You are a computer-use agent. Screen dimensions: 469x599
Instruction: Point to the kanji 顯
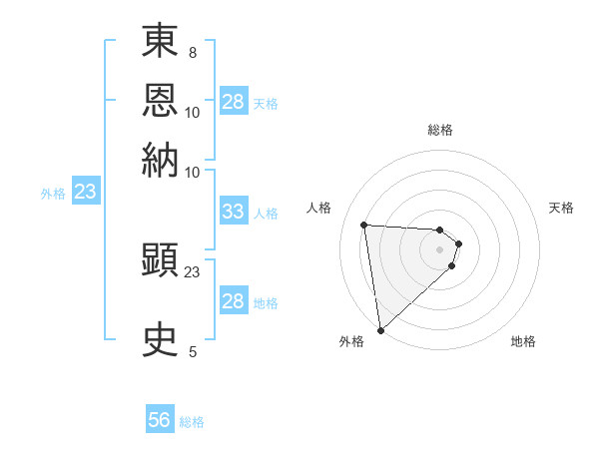click(x=160, y=261)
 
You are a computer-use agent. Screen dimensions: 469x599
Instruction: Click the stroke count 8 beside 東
click(x=192, y=52)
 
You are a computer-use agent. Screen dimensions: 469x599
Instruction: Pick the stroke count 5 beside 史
click(x=192, y=351)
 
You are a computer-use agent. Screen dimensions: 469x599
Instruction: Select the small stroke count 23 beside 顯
click(x=193, y=271)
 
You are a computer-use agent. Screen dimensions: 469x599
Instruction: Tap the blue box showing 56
click(x=160, y=420)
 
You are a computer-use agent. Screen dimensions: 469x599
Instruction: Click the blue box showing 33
click(x=233, y=212)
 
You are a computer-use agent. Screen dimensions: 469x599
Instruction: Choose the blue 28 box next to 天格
click(x=233, y=102)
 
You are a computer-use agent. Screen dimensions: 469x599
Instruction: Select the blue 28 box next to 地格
click(x=233, y=301)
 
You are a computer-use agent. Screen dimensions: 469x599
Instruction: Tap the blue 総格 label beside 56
click(x=192, y=422)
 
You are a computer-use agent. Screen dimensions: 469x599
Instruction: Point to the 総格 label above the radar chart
click(x=440, y=130)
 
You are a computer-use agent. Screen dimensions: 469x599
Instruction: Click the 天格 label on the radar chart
click(x=562, y=208)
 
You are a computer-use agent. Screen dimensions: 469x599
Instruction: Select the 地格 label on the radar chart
click(x=523, y=342)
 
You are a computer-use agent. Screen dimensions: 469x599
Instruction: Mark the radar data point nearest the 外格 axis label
click(x=380, y=330)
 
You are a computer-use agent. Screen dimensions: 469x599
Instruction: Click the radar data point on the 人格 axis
click(x=364, y=225)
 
